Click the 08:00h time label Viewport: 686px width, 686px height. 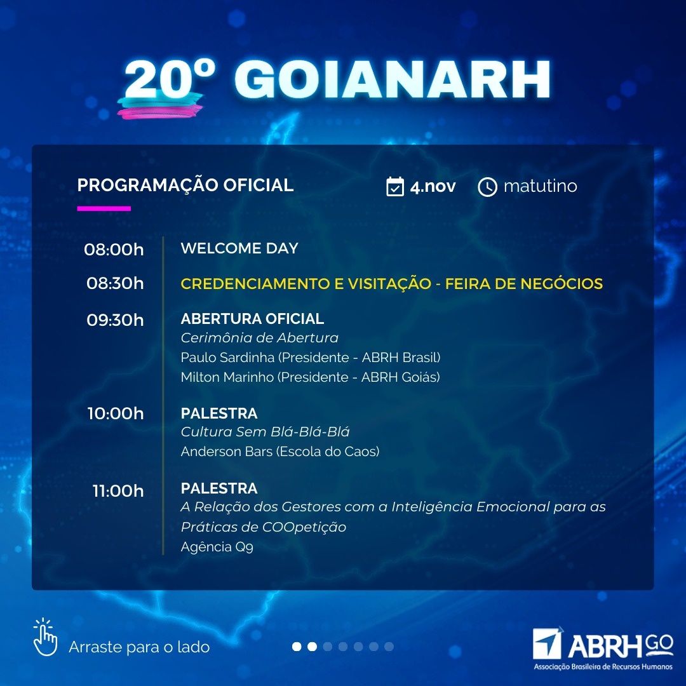point(114,250)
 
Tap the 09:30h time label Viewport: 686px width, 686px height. point(115,319)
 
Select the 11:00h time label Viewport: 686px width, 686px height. point(118,491)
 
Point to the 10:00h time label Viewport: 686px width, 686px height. point(116,414)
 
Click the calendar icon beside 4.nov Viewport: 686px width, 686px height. point(395,186)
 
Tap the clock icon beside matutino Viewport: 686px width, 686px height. point(487,187)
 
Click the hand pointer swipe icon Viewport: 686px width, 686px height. point(45,637)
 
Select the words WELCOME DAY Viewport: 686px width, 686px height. point(239,248)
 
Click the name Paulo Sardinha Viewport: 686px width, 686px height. point(227,358)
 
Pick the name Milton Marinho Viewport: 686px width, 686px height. point(227,377)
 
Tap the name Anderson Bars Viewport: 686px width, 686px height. point(227,451)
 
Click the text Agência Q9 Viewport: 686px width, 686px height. point(217,547)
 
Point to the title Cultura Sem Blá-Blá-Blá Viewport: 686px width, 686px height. point(265,432)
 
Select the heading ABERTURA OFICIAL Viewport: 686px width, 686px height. point(252,318)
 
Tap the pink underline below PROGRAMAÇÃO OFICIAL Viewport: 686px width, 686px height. point(104,209)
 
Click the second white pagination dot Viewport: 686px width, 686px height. point(313,647)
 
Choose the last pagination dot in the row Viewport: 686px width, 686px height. point(389,647)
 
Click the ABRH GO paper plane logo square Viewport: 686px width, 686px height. point(547,644)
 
